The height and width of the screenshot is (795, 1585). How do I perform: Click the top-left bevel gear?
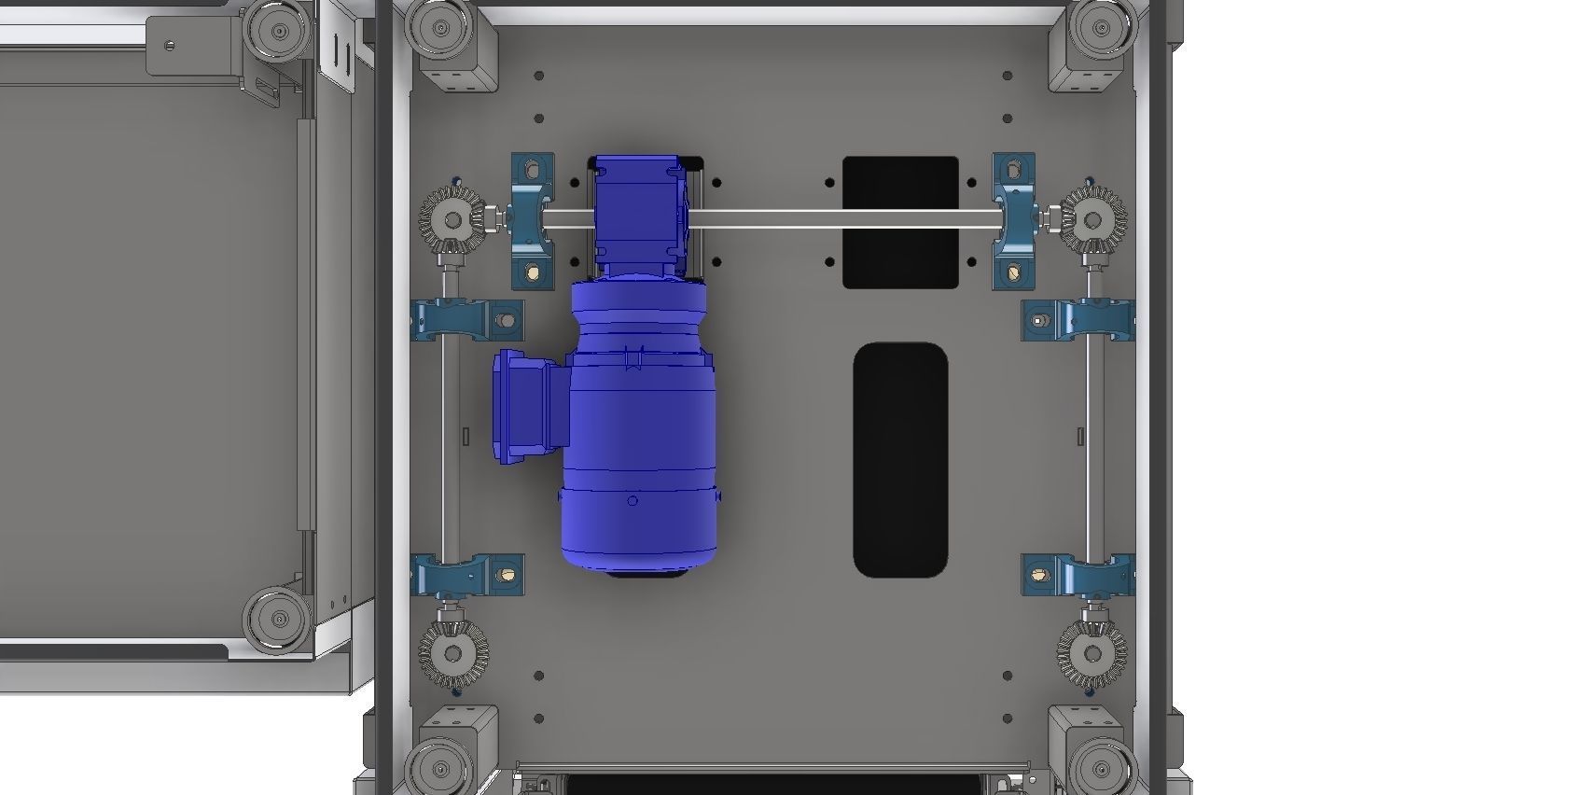[452, 220]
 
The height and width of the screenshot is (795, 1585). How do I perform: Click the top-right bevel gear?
[1092, 220]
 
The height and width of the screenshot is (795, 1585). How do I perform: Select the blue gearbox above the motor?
[640, 210]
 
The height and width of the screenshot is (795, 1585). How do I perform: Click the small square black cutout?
[900, 221]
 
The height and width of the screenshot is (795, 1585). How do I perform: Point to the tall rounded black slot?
[900, 459]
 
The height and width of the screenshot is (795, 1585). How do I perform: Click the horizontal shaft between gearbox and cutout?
[765, 219]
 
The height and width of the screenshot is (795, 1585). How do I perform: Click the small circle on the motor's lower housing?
[633, 501]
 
